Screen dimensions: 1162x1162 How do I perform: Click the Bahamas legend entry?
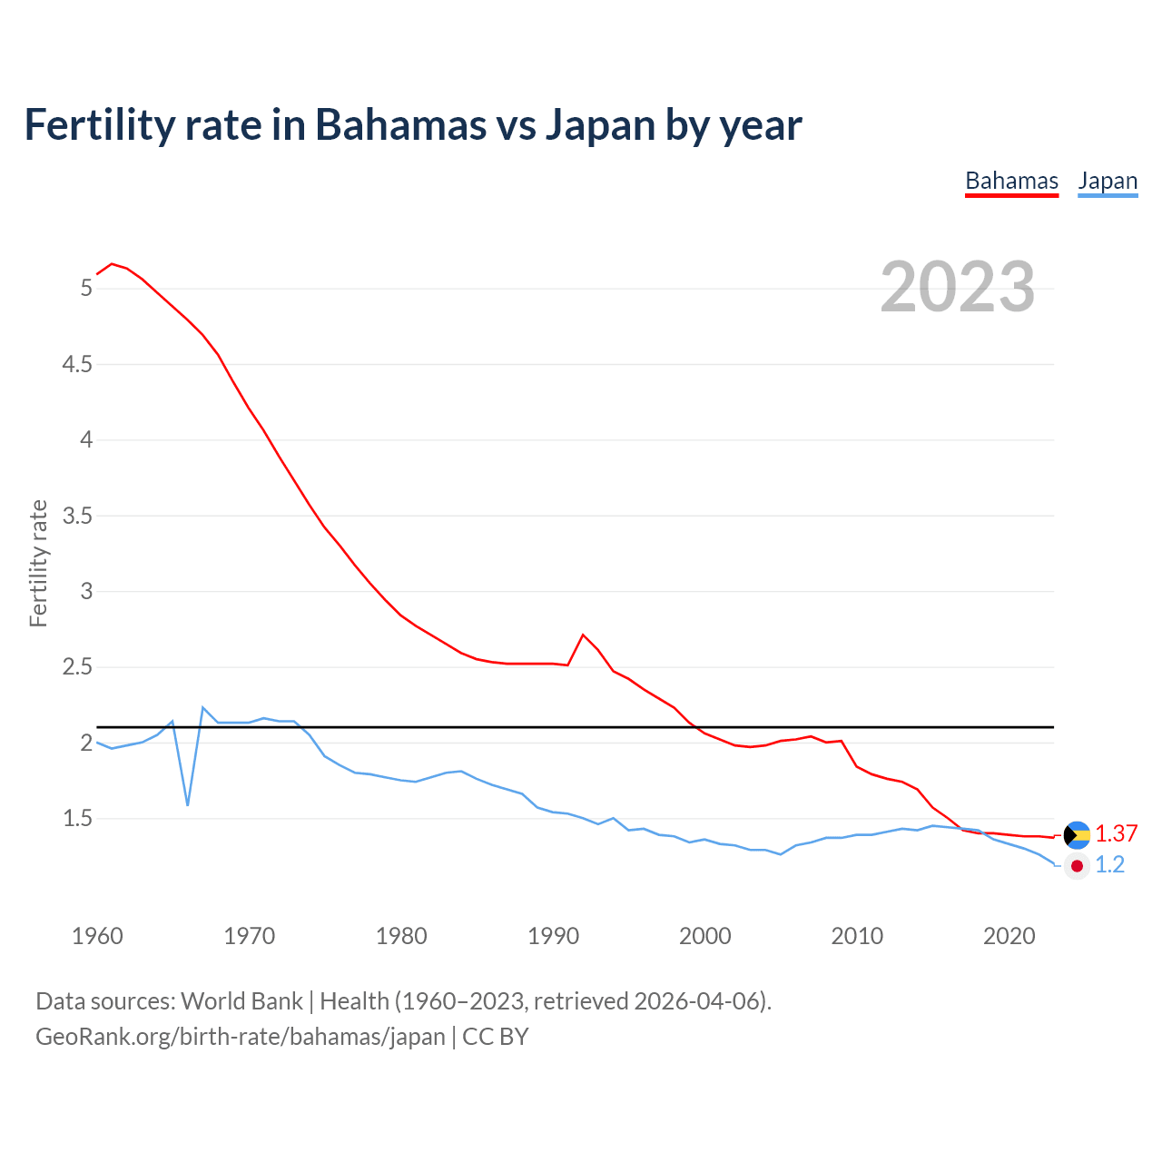coord(1011,182)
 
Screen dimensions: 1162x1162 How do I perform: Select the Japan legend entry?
coord(1108,182)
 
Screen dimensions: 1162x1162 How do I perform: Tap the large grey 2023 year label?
coord(958,287)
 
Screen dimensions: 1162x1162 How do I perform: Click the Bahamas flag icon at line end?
coord(1077,834)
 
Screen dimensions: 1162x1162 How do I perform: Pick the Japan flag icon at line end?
coord(1077,866)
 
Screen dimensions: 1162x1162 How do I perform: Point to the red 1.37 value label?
coord(1116,834)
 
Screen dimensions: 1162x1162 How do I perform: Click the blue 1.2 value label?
coord(1109,865)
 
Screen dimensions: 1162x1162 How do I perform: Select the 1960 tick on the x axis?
coord(97,936)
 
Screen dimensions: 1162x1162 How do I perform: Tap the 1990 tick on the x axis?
coord(553,936)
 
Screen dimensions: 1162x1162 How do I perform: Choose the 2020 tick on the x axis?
coord(1009,936)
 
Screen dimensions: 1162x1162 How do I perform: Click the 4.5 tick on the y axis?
coord(76,365)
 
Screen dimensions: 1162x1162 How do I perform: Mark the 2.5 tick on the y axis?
coord(76,667)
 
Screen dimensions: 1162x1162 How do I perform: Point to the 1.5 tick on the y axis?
coord(76,819)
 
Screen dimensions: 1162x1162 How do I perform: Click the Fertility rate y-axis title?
coord(38,563)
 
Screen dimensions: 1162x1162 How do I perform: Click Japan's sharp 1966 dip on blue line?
coord(188,804)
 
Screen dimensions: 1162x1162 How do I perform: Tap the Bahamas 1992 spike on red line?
coord(583,635)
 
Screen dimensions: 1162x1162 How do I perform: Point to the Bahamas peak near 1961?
coord(112,264)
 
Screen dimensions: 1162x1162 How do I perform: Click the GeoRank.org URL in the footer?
coord(241,1037)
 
